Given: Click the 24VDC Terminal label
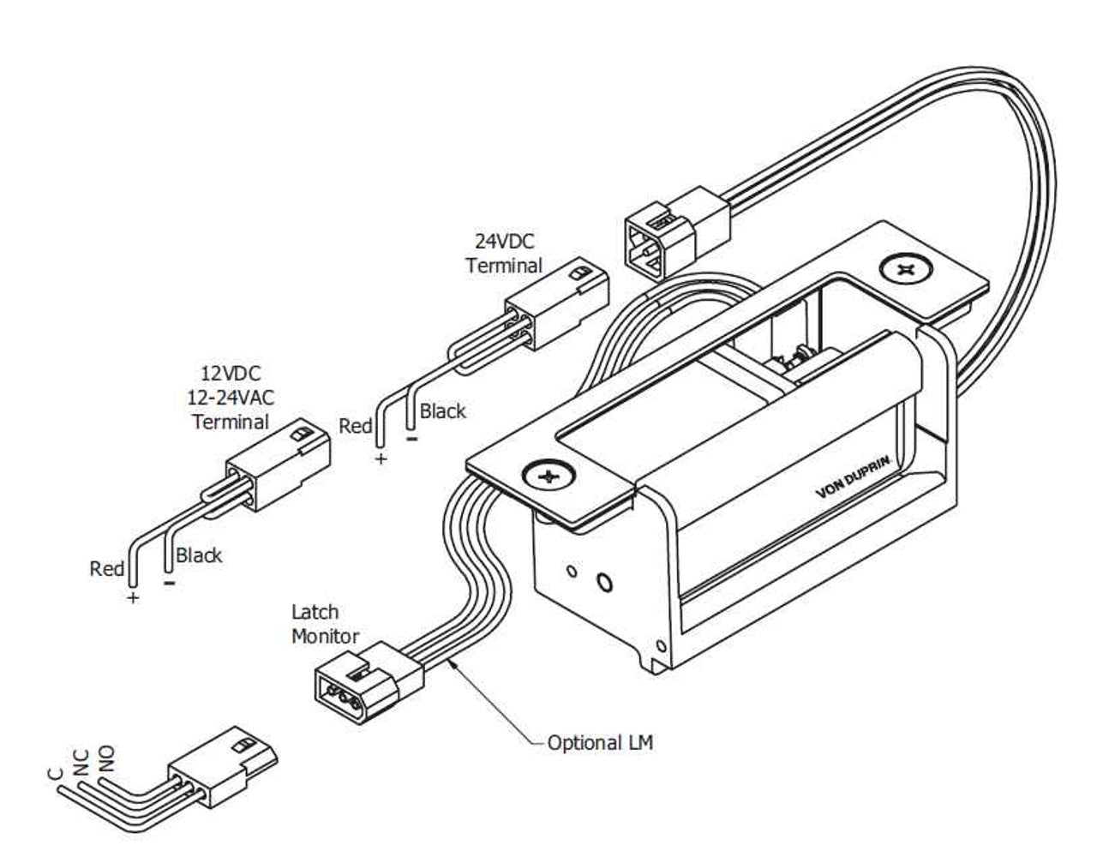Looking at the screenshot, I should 504,253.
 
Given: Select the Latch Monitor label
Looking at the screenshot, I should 325,624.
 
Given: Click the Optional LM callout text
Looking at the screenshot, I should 600,742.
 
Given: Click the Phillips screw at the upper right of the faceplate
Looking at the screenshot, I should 905,270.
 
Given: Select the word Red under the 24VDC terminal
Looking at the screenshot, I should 356,426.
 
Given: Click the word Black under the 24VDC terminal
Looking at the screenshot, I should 443,411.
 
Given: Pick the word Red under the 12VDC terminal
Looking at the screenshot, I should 107,568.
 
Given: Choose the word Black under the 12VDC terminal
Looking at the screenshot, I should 199,555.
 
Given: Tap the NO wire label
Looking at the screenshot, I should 106,757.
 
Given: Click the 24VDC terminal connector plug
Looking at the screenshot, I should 557,303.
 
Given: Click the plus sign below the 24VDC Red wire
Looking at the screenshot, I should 381,459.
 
